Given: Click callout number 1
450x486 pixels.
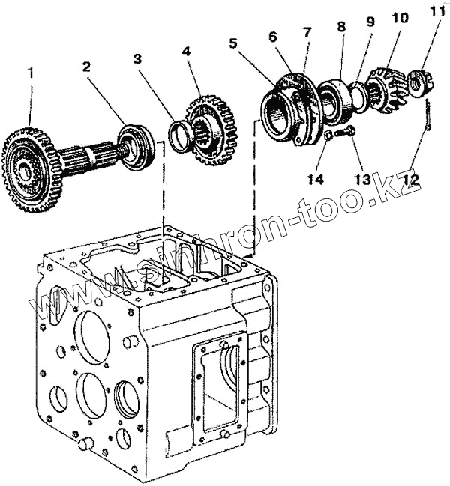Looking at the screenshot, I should pos(30,72).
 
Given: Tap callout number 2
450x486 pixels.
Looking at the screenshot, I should pos(87,67).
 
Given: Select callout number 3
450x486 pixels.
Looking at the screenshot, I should pos(137,58).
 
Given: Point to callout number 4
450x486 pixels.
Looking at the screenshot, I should pos(187,53).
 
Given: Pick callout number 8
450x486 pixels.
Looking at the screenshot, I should pos(342,25).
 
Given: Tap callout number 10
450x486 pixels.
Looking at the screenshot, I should pos(395,16).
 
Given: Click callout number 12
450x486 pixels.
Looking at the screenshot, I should pos(411,180).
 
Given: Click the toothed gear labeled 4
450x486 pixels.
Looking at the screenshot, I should pos(212,127).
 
